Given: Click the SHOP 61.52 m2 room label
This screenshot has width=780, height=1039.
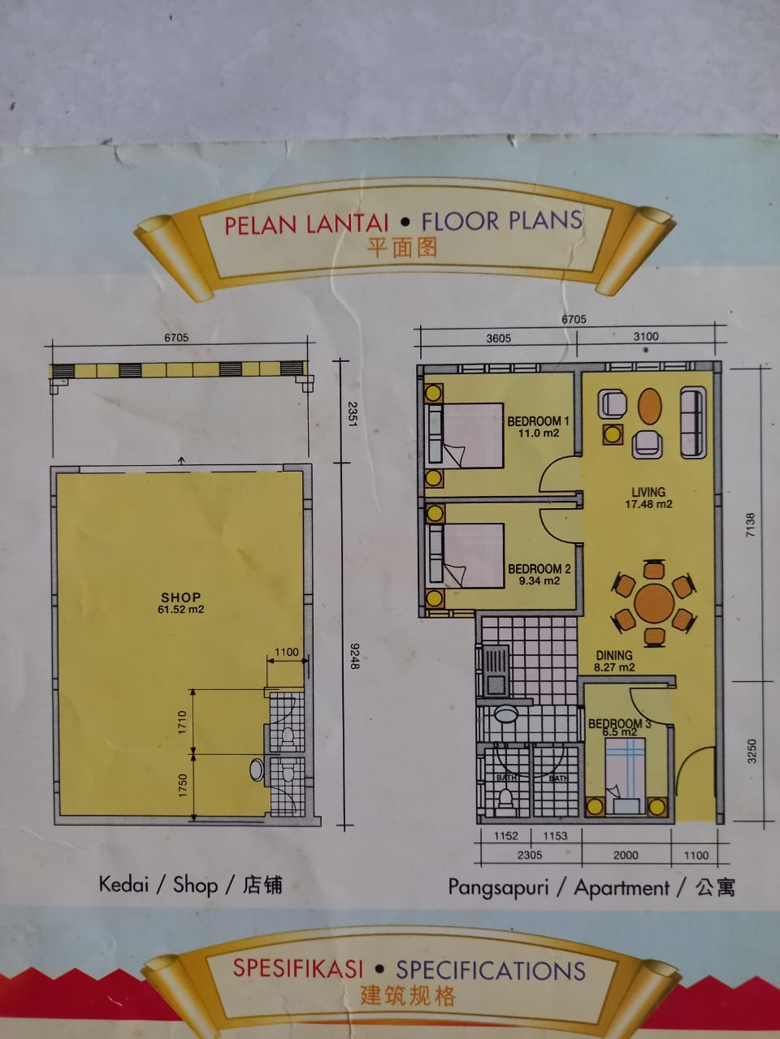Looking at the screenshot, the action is [181, 602].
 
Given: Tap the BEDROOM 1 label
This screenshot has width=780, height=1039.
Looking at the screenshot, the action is [538, 426].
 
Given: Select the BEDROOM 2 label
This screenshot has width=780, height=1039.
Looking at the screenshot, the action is [539, 574].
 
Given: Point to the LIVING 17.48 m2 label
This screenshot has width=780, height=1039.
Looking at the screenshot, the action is [648, 498].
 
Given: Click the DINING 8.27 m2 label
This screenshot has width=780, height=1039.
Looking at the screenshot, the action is [614, 661].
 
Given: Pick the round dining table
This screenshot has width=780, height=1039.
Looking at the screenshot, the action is [654, 603].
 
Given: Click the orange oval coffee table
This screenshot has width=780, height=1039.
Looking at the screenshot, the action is [649, 406].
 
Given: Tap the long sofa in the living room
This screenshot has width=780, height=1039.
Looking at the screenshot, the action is [693, 422].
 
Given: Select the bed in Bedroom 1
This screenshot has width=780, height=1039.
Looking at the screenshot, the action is [466, 435].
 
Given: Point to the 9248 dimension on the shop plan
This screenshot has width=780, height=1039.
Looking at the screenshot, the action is [355, 656].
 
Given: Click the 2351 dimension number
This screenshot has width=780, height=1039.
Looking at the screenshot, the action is [353, 414].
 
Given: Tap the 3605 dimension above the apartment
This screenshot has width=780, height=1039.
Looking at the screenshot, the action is [498, 338].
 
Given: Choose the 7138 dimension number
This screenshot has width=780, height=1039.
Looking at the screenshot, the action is [750, 524].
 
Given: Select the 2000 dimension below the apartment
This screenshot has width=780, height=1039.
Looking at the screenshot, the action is [626, 856].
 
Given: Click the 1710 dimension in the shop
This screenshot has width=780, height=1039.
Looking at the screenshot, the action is [182, 722].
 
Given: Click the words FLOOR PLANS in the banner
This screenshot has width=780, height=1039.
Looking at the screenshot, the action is [502, 221].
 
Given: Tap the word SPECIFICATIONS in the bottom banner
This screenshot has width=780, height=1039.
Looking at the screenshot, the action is [491, 970].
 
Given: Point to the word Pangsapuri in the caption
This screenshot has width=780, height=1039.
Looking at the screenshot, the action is [498, 887].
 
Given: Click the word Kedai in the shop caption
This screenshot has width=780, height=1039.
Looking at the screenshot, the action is [123, 884].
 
